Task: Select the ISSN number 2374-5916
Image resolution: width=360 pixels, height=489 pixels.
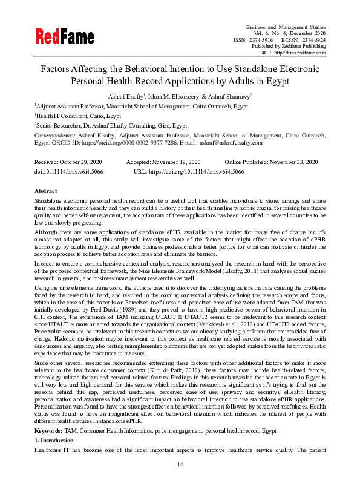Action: (x=258, y=40)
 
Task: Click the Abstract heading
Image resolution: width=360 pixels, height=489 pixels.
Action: (x=46, y=191)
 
